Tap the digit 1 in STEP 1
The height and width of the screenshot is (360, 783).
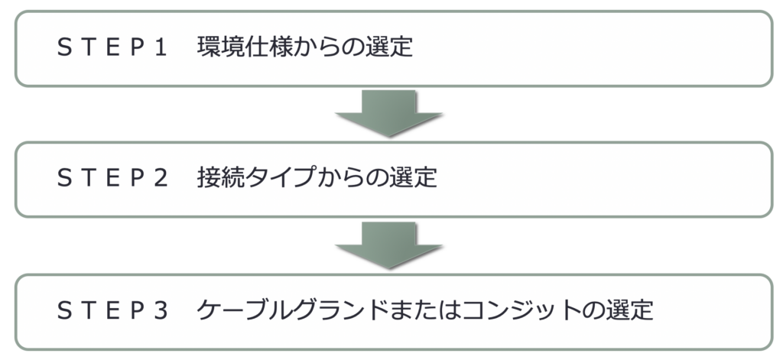160,48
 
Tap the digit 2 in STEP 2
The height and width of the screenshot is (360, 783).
160,179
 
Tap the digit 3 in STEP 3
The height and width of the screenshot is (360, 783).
160,311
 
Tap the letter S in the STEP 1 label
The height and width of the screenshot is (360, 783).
64,48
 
